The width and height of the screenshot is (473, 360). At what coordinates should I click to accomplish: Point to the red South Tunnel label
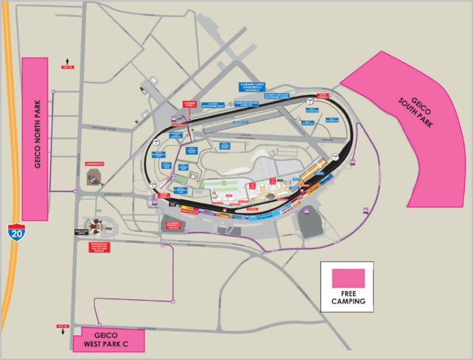point(323,95)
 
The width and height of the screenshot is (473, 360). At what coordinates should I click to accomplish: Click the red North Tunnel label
point(164,196)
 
